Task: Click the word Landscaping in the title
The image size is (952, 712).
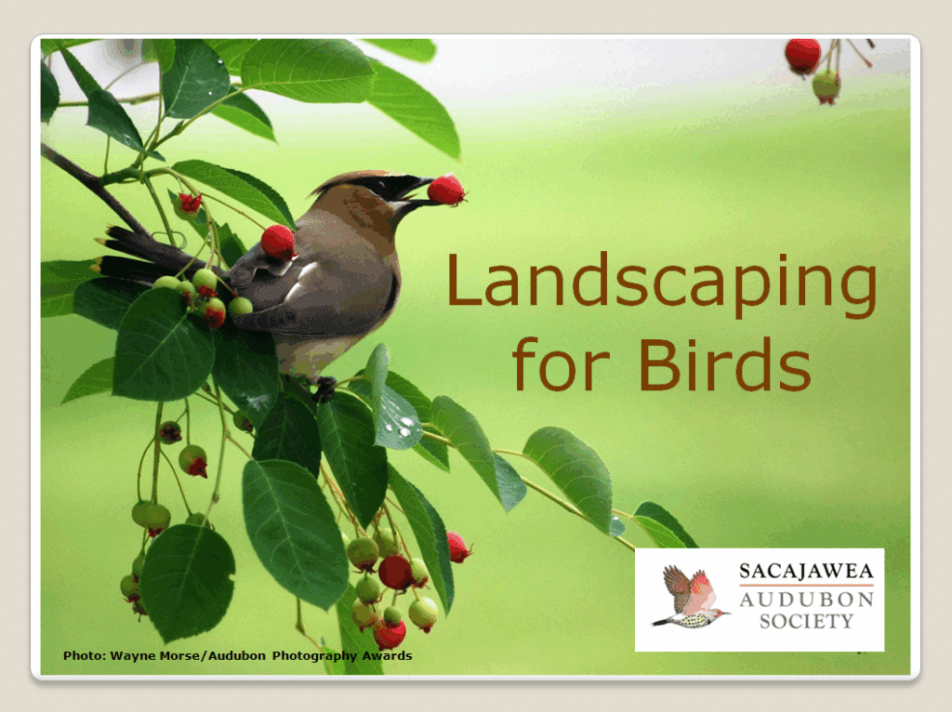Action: pos(661,283)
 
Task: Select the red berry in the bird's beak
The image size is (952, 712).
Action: pos(446,190)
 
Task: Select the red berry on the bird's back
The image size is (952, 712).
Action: pos(278,242)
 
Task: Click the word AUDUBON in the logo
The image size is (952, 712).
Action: pos(806,600)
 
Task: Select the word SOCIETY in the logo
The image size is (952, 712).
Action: pos(806,622)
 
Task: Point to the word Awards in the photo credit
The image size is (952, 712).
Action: pos(389,656)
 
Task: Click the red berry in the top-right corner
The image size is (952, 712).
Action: pos(802,56)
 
